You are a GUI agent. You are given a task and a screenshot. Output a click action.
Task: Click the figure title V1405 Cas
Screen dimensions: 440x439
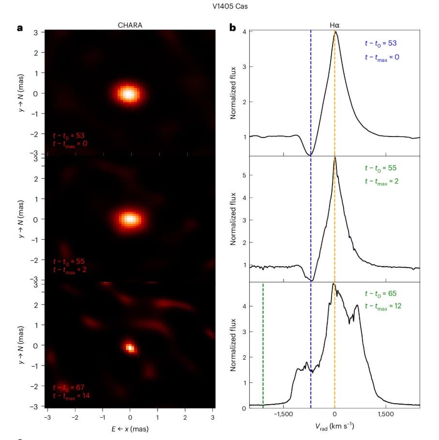[219, 7]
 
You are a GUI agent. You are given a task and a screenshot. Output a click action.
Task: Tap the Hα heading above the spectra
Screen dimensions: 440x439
[334, 25]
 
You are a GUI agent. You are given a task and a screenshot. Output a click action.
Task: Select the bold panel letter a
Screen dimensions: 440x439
[20, 28]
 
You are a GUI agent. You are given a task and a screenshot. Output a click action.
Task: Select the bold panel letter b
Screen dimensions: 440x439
[232, 28]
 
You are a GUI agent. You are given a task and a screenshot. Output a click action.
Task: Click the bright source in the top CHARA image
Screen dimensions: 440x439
[129, 93]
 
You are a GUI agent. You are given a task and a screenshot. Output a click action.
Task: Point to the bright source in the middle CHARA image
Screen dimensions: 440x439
[129, 219]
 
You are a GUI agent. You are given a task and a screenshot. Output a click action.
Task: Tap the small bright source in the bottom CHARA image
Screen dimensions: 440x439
[130, 347]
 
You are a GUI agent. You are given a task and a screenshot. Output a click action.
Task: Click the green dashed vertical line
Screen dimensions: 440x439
[263, 344]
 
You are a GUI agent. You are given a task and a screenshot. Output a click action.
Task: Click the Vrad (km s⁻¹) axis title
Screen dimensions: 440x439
[334, 426]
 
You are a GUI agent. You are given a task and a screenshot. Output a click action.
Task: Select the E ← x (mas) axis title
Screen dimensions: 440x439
[129, 428]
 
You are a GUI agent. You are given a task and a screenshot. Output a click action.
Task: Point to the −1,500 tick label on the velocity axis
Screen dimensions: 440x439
[283, 415]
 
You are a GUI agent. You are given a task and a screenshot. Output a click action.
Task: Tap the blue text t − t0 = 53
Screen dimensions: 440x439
[381, 44]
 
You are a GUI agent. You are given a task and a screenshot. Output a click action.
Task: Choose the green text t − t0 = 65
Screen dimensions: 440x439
[381, 294]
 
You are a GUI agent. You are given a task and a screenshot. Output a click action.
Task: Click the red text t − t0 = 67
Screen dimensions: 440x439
[69, 387]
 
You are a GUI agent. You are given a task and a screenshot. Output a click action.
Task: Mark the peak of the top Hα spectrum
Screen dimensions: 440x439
[335, 33]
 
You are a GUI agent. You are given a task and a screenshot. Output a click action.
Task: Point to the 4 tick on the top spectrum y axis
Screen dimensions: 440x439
[245, 32]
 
